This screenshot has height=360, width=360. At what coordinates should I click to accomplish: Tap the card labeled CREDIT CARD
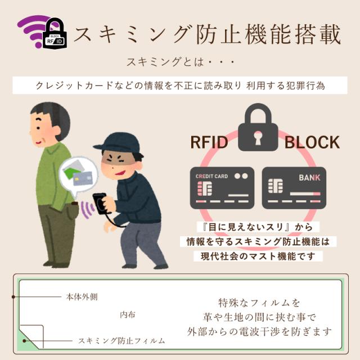pyautogui.click(x=222, y=188)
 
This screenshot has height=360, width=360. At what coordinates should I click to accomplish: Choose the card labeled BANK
pyautogui.click(x=294, y=188)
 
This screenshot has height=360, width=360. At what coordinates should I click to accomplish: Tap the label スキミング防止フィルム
pyautogui.click(x=121, y=341)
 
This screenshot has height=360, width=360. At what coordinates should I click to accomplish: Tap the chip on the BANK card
pyautogui.click(x=276, y=186)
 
